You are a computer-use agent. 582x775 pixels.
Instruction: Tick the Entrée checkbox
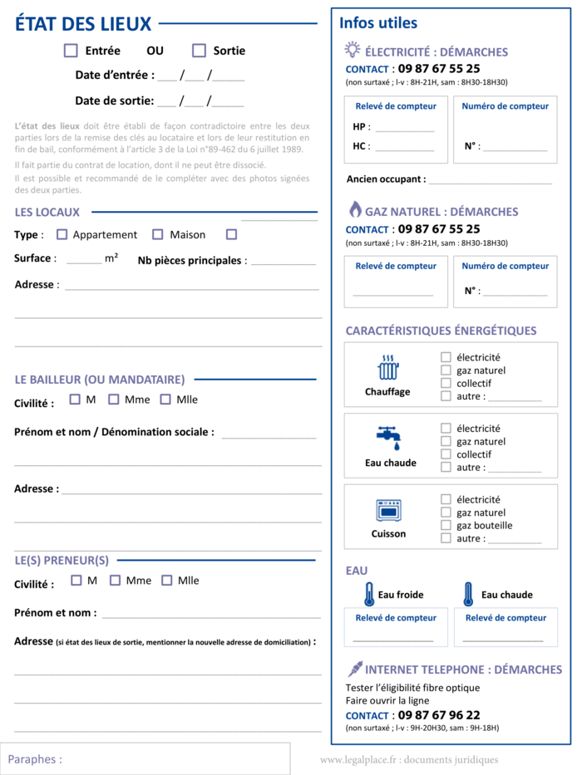tap(71, 51)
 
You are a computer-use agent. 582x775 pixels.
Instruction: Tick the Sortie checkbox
tap(199, 51)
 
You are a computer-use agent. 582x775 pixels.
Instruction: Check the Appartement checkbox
tap(62, 234)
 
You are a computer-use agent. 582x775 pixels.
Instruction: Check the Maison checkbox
tap(158, 234)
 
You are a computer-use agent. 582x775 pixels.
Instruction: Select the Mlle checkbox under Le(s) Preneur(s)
tap(167, 581)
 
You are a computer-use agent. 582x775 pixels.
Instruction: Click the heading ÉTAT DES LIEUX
tap(83, 24)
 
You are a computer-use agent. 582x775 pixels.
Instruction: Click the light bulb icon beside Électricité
tap(353, 50)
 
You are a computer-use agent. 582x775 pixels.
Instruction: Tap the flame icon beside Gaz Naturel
tap(354, 209)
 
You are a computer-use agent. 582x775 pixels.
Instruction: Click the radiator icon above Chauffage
tap(387, 367)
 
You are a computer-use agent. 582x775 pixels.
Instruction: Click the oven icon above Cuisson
tap(387, 510)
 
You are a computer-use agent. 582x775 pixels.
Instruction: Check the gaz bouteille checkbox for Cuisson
tap(446, 525)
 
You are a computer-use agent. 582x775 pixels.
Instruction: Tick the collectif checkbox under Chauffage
tap(446, 383)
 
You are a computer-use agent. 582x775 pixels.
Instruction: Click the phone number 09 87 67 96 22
tap(438, 715)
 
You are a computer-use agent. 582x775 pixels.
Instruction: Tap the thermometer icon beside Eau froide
tap(368, 594)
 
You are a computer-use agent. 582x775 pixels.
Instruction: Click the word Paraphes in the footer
tap(35, 759)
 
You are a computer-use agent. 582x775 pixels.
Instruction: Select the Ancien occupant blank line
tap(490, 180)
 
